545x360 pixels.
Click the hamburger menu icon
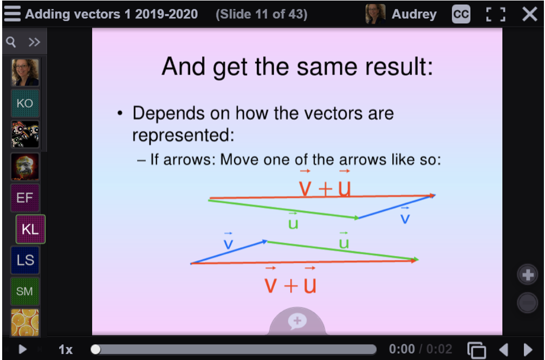tap(12, 14)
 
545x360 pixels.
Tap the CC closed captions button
tap(461, 14)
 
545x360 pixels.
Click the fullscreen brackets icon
tap(495, 14)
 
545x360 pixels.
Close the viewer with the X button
tap(530, 14)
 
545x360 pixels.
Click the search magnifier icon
tap(11, 42)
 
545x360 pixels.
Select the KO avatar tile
tap(25, 104)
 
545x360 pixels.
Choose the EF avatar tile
tap(25, 198)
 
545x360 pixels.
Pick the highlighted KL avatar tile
tap(30, 229)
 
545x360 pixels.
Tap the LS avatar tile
tap(25, 260)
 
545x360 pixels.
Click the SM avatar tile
tap(25, 291)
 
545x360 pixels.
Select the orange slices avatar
tap(25, 323)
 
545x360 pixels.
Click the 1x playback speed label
tap(66, 349)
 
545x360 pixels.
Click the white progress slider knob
tap(95, 349)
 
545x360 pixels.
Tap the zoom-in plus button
tap(528, 275)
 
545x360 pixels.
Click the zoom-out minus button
tap(528, 303)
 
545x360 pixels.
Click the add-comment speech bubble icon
tap(297, 321)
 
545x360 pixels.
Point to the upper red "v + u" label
tap(325, 184)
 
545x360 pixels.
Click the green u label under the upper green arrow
tap(293, 221)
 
